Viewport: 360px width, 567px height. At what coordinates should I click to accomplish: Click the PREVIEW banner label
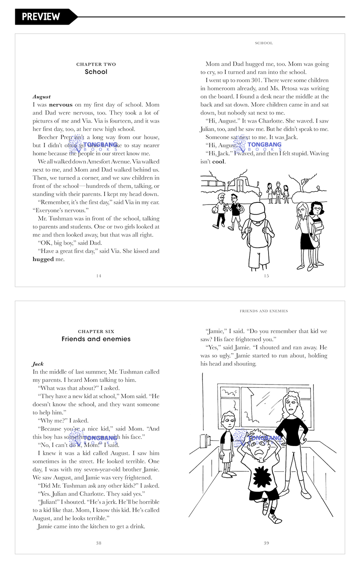[41, 17]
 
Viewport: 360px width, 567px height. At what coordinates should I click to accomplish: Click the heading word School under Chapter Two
[96, 72]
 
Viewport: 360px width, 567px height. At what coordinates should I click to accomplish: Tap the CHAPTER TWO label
[96, 64]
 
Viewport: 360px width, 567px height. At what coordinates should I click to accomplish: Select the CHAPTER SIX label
[96, 332]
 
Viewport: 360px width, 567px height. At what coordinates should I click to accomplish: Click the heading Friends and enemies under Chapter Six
[96, 339]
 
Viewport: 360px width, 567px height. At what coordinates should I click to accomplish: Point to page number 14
[99, 276]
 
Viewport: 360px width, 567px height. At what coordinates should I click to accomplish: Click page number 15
[266, 276]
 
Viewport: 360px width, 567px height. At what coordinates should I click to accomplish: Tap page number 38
[99, 543]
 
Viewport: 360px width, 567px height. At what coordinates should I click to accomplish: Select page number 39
[266, 543]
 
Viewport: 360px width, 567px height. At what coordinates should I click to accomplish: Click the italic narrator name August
[42, 97]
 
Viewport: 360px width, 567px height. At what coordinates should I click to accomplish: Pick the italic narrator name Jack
[38, 364]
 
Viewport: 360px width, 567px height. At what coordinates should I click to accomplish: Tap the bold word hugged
[43, 259]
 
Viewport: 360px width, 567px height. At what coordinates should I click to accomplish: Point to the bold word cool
[219, 162]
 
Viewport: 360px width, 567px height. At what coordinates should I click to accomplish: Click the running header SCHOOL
[264, 43]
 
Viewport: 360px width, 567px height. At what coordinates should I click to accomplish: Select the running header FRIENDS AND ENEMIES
[264, 311]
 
